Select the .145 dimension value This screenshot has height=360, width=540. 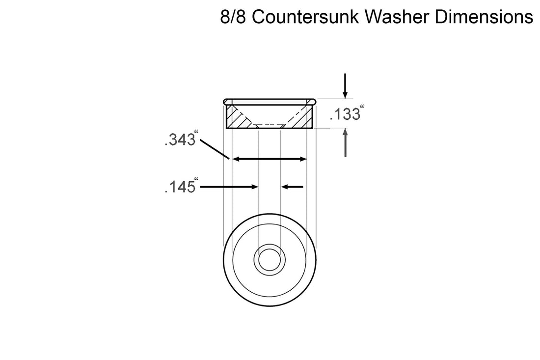[179, 187]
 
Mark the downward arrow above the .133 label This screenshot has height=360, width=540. [346, 85]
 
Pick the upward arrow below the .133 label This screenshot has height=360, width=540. [346, 142]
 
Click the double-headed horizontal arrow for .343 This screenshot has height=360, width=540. [269, 159]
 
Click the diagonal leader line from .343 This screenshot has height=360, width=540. [215, 149]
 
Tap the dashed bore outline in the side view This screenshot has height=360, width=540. [269, 126]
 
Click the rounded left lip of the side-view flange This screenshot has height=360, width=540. [226, 102]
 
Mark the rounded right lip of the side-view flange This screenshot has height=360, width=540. [312, 102]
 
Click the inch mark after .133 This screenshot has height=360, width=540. [363, 106]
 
